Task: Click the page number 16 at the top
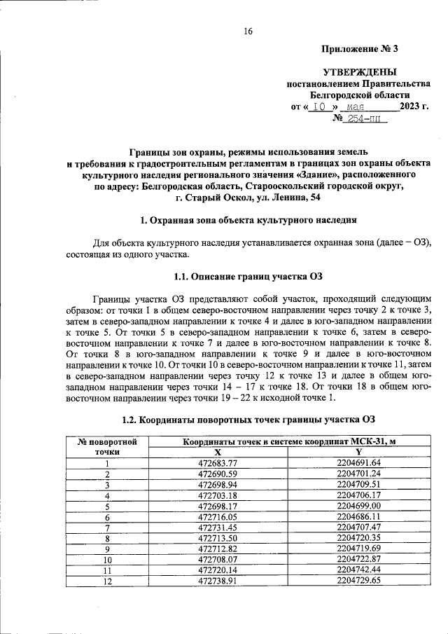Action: [x=248, y=31]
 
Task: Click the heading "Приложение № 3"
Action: [x=359, y=49]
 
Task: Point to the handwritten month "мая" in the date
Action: [x=359, y=107]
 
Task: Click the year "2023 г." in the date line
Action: [x=413, y=106]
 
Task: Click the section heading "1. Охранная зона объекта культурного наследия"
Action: [x=248, y=221]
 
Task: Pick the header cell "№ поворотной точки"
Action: [x=107, y=447]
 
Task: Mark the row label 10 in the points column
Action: [x=107, y=560]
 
